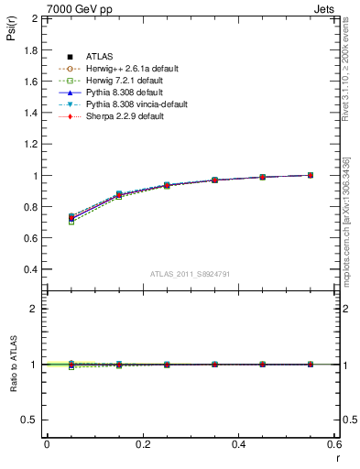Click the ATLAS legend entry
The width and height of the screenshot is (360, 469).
click(100, 57)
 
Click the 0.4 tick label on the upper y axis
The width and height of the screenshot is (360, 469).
click(30, 270)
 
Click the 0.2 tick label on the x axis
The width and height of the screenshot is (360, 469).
click(143, 444)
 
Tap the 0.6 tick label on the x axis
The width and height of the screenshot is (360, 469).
click(335, 444)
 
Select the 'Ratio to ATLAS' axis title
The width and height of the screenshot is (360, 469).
click(12, 364)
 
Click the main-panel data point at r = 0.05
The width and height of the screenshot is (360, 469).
click(71, 217)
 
